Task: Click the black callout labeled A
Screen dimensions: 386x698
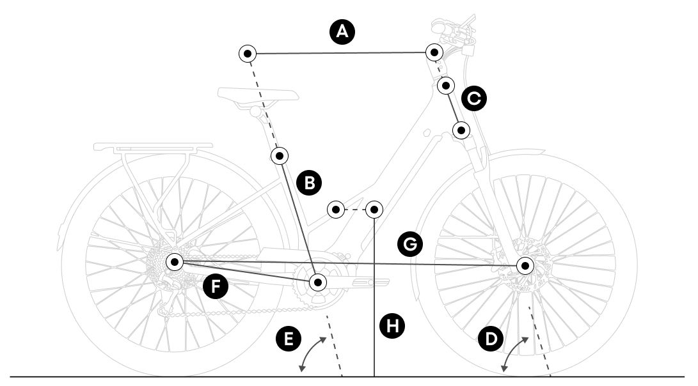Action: pyautogui.click(x=342, y=31)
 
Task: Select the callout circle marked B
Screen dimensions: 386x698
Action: pyautogui.click(x=310, y=183)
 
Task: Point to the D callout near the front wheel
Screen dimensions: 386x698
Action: pyautogui.click(x=491, y=339)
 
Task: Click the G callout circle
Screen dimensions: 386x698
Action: pyautogui.click(x=409, y=243)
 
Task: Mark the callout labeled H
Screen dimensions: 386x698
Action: pyautogui.click(x=392, y=326)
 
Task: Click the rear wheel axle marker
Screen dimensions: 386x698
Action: pyautogui.click(x=175, y=261)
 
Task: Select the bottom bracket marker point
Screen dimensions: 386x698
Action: pyautogui.click(x=318, y=282)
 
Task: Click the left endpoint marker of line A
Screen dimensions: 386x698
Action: pyautogui.click(x=248, y=53)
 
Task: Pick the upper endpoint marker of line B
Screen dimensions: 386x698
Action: pyautogui.click(x=280, y=155)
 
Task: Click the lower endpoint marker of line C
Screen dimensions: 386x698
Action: pyautogui.click(x=461, y=130)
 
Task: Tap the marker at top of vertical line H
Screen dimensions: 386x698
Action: pyautogui.click(x=374, y=209)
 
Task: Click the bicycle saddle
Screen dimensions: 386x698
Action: pyautogui.click(x=258, y=95)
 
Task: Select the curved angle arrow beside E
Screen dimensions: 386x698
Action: pyautogui.click(x=312, y=352)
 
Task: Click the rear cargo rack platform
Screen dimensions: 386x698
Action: pyautogui.click(x=154, y=146)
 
